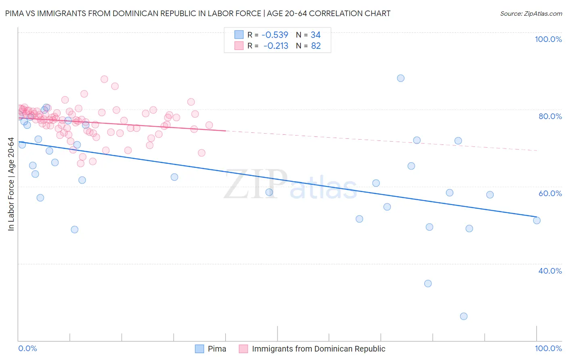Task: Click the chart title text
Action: coord(198,13)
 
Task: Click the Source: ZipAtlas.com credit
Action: coord(531,13)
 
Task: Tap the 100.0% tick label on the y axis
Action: coord(548,39)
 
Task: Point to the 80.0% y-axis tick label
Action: coord(550,116)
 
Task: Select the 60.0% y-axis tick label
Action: coord(550,193)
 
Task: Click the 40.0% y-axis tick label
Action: coord(550,271)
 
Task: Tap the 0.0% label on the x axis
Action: coord(27,348)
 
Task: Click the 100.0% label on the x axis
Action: coord(548,348)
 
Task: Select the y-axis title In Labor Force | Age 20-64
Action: coord(11,184)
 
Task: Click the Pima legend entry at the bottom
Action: coord(217,349)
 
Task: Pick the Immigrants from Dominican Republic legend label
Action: coord(318,349)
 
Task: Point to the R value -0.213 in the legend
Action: coord(275,46)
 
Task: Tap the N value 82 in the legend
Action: coord(316,46)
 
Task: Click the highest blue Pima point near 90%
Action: coord(400,78)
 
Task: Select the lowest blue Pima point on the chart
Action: coord(464,316)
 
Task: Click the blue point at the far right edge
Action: coord(537,220)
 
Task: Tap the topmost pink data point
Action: coord(104,79)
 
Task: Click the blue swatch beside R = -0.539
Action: coord(239,35)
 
